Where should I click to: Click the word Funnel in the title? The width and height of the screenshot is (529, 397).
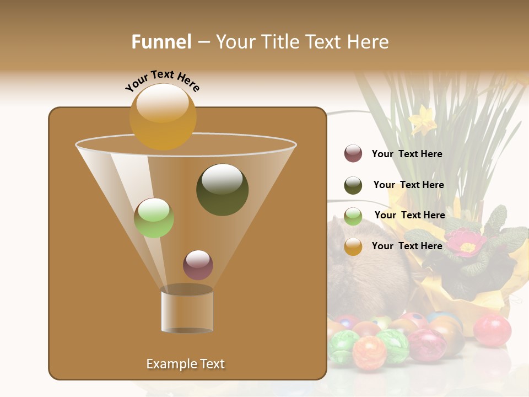pyautogui.click(x=161, y=42)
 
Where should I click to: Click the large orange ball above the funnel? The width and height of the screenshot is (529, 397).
pyautogui.click(x=163, y=116)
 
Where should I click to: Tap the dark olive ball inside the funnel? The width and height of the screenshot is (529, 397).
pyautogui.click(x=222, y=189)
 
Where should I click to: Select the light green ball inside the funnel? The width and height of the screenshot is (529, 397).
pyautogui.click(x=154, y=218)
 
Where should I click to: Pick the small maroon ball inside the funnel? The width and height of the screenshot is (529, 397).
pyautogui.click(x=198, y=265)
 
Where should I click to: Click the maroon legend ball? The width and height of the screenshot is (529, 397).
pyautogui.click(x=353, y=153)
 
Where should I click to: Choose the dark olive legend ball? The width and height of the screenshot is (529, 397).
pyautogui.click(x=353, y=185)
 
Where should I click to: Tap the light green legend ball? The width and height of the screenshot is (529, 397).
pyautogui.click(x=353, y=216)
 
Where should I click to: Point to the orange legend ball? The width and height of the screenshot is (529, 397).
pyautogui.click(x=353, y=246)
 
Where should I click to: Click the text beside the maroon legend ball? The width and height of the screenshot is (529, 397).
pyautogui.click(x=407, y=154)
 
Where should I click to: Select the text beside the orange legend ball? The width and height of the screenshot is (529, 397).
pyautogui.click(x=407, y=246)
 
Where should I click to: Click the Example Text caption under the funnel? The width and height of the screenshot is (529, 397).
pyautogui.click(x=185, y=364)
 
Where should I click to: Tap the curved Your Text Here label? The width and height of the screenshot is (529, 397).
pyautogui.click(x=162, y=81)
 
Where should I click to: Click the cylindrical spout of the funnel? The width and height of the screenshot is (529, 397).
pyautogui.click(x=187, y=310)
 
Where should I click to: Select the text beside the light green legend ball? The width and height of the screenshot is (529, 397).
pyautogui.click(x=409, y=215)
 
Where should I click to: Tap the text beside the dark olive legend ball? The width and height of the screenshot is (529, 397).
pyautogui.click(x=408, y=185)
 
